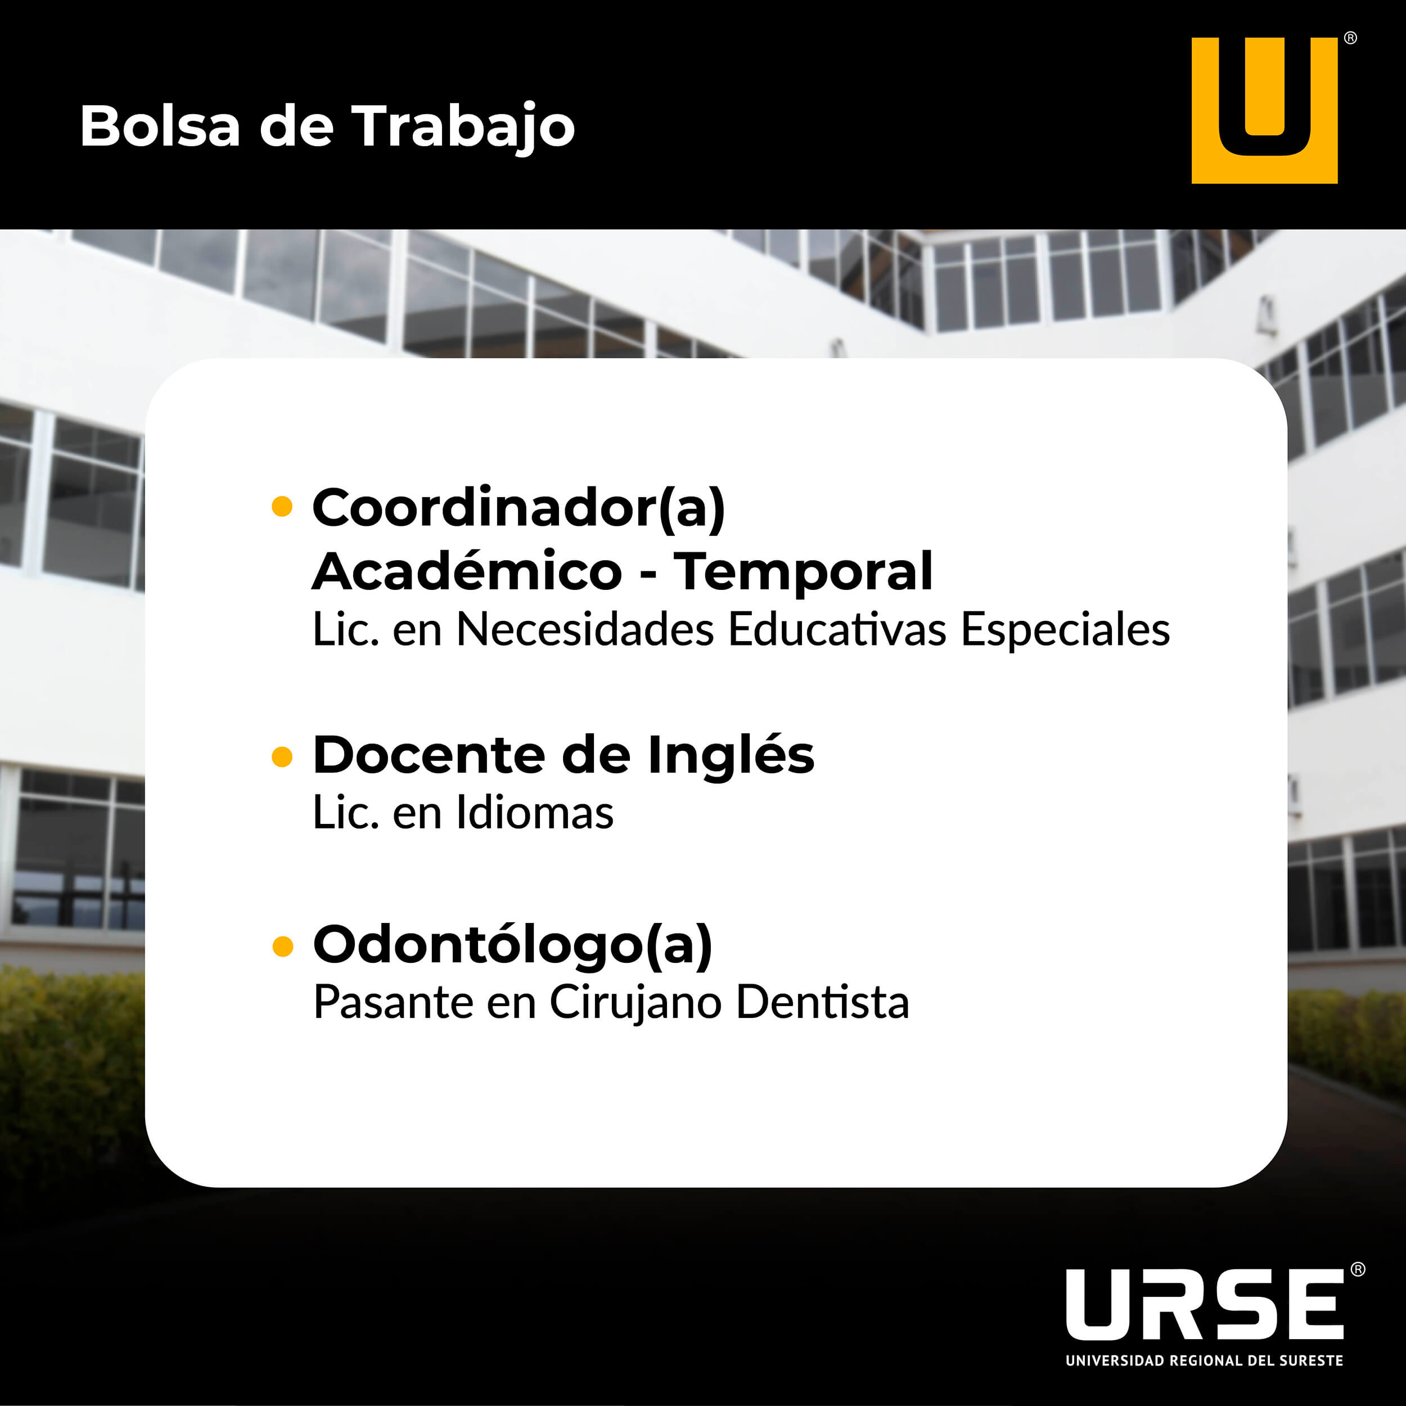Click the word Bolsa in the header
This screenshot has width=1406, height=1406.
(160, 126)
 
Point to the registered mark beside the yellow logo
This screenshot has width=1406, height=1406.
(1350, 38)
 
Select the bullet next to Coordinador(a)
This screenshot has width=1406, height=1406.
(282, 507)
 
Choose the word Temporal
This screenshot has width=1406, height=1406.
(803, 573)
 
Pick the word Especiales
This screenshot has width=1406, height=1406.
(1065, 630)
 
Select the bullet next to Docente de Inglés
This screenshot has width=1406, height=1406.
(282, 757)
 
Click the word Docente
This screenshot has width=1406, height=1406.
(429, 755)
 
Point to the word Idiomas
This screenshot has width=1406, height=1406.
(535, 812)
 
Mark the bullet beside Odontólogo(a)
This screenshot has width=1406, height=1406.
(282, 946)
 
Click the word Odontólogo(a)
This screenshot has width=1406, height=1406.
(513, 946)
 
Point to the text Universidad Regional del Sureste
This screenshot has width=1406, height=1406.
(1205, 1360)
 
